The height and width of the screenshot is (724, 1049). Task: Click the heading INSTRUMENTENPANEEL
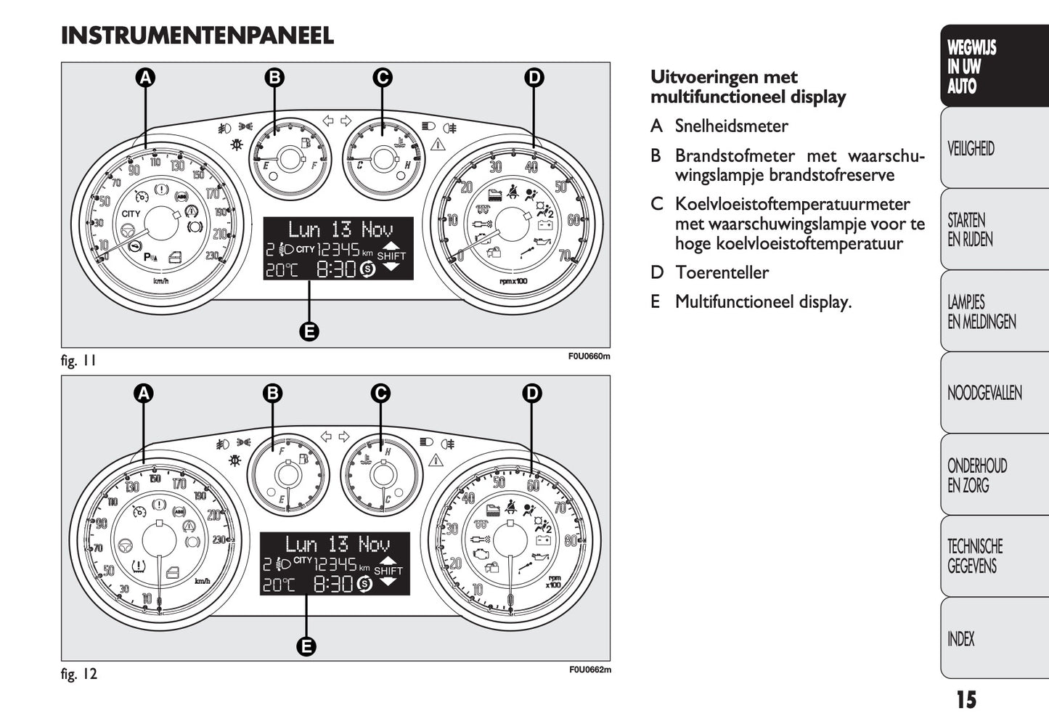point(197,36)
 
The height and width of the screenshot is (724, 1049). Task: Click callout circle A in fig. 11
point(146,78)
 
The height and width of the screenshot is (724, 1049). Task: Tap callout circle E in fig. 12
point(306,646)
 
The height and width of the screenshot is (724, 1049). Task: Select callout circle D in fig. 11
point(534,78)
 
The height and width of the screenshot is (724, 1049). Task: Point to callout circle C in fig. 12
point(380,394)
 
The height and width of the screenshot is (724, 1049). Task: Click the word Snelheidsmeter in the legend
point(731,126)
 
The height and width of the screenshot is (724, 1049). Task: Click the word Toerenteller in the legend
point(722,272)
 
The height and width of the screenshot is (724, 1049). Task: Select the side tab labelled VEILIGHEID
point(971,149)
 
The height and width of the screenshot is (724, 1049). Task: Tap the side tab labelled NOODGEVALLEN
point(984,394)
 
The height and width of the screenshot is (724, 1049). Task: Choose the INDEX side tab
point(961,639)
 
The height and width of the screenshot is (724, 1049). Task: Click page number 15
point(966,700)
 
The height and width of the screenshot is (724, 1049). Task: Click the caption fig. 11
point(78,360)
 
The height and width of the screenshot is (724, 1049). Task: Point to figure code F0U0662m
point(589,670)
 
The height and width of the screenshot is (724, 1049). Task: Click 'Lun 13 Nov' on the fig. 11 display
point(340,229)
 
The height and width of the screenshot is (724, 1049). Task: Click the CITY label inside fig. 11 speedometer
point(131,213)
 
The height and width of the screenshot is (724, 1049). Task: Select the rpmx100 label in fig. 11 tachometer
point(514,281)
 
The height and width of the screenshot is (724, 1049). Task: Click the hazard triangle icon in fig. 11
point(437,145)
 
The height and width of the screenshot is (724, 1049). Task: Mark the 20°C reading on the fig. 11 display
point(281,270)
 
